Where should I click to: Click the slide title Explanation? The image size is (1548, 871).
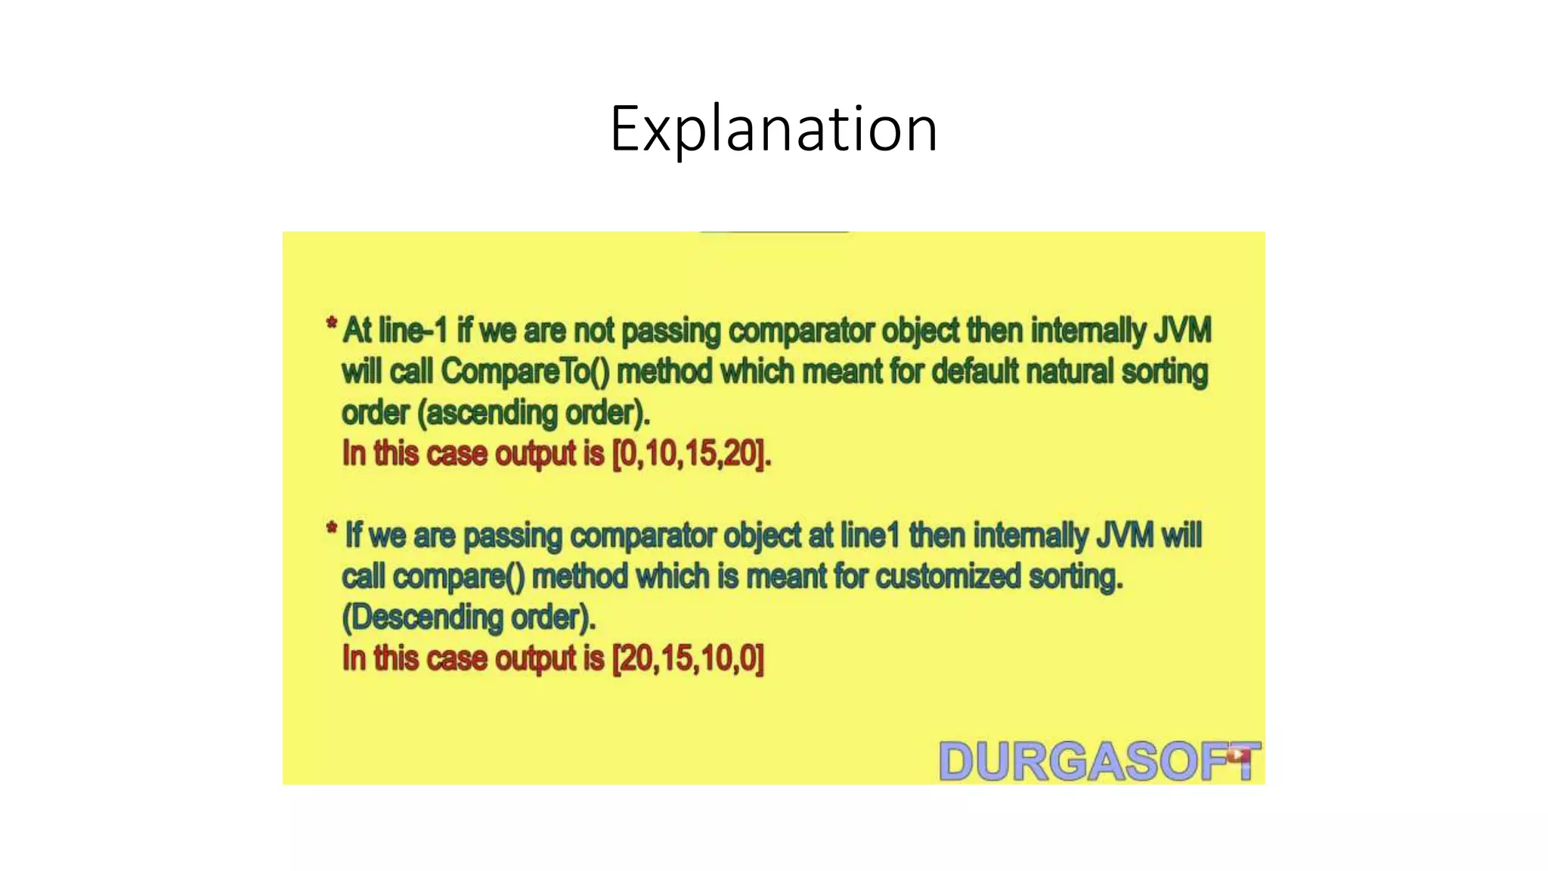[x=773, y=129]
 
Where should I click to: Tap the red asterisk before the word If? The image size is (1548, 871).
[x=331, y=528]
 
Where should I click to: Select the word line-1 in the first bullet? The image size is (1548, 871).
[x=413, y=331]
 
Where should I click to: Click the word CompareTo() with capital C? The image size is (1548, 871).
[x=525, y=372]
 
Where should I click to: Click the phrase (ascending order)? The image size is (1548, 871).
[x=534, y=413]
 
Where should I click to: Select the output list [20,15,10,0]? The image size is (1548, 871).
[x=688, y=659]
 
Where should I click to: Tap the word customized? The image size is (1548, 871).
[x=948, y=577]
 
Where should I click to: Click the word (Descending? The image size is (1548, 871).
[x=422, y=618]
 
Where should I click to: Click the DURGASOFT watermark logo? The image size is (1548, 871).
[x=1098, y=761]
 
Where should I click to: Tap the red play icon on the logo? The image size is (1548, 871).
[x=1237, y=754]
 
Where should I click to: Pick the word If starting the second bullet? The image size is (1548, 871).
[x=353, y=536]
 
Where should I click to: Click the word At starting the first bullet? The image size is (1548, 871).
[x=357, y=331]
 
